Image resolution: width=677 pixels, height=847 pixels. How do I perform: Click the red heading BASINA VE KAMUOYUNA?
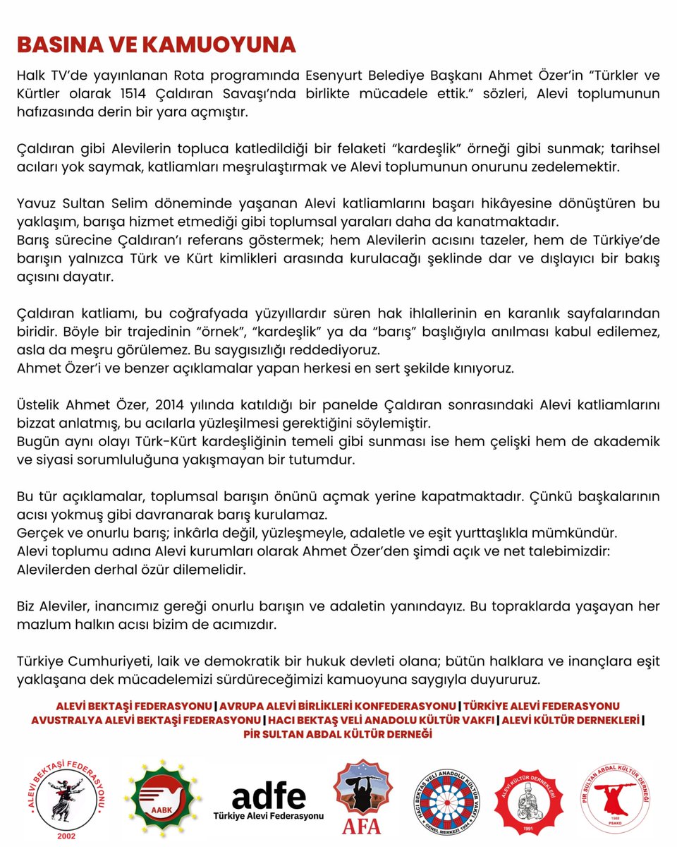tap(156, 44)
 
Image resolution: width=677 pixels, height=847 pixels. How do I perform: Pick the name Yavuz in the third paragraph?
tap(35, 203)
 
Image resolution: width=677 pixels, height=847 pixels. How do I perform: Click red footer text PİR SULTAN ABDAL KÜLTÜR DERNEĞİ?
tap(338, 734)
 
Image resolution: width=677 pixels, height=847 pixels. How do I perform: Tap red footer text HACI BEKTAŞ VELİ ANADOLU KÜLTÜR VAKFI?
tap(379, 720)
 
